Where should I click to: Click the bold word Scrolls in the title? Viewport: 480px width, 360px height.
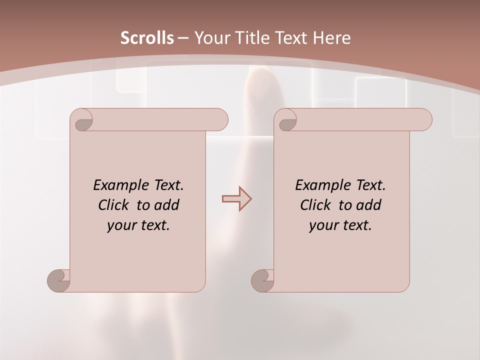(147, 38)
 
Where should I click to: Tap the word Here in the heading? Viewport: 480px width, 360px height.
(332, 38)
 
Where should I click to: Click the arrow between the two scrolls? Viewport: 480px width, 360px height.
(236, 199)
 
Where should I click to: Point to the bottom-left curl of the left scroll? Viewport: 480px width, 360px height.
(59, 280)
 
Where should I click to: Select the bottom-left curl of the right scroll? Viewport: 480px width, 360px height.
(262, 280)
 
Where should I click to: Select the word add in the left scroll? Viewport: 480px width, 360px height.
(167, 205)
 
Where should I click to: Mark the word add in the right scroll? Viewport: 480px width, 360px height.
(369, 205)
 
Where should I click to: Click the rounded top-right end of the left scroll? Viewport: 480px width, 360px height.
(219, 119)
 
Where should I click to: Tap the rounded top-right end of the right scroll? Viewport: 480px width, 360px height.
(423, 119)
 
